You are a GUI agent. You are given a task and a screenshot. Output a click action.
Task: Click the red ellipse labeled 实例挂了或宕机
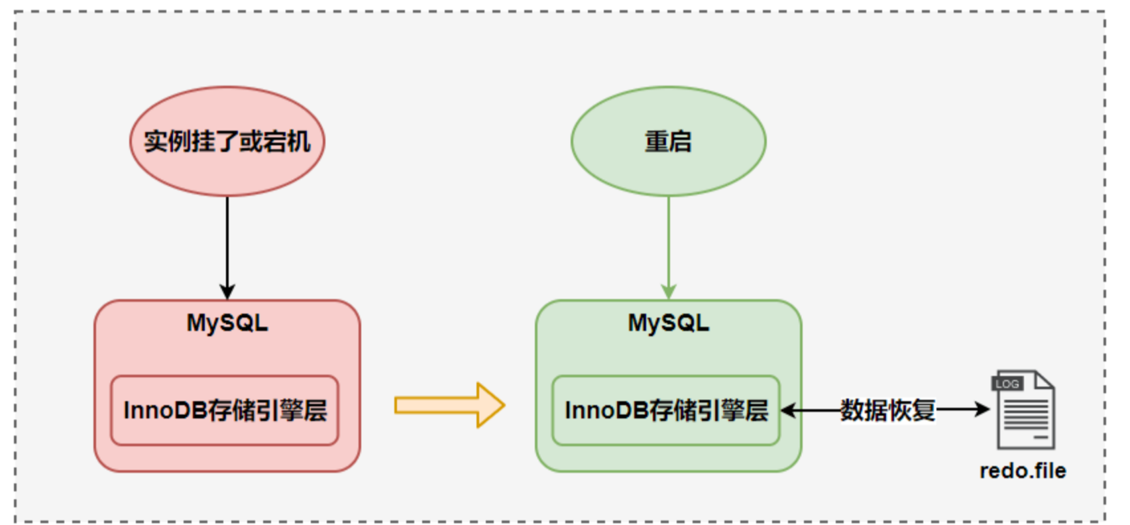click(227, 141)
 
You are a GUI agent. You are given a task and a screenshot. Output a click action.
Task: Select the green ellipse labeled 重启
click(669, 141)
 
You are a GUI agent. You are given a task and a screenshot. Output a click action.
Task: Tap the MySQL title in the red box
click(227, 323)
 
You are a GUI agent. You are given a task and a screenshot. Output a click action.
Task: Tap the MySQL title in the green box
click(669, 323)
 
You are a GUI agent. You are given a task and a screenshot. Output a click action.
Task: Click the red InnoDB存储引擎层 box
click(225, 410)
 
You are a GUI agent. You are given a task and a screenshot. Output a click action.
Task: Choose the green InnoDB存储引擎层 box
click(666, 410)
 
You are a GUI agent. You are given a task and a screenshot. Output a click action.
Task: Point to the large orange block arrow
click(449, 405)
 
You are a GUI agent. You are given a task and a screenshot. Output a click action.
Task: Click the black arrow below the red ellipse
click(227, 248)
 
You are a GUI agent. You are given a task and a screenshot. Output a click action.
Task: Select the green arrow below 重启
click(669, 248)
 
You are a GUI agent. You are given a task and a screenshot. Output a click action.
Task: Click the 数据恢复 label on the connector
click(888, 410)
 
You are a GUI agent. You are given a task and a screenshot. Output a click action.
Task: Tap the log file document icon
click(1024, 410)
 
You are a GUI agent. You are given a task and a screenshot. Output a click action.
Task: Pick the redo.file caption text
click(1023, 471)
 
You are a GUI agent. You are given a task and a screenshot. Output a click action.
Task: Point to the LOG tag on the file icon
click(1007, 384)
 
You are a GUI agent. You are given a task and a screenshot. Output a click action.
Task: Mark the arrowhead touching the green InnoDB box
click(788, 410)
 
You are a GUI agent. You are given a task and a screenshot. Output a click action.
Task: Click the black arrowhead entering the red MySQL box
click(227, 292)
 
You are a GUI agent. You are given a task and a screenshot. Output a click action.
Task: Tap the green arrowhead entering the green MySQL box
click(669, 292)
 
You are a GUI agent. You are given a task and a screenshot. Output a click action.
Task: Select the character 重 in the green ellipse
click(656, 141)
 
